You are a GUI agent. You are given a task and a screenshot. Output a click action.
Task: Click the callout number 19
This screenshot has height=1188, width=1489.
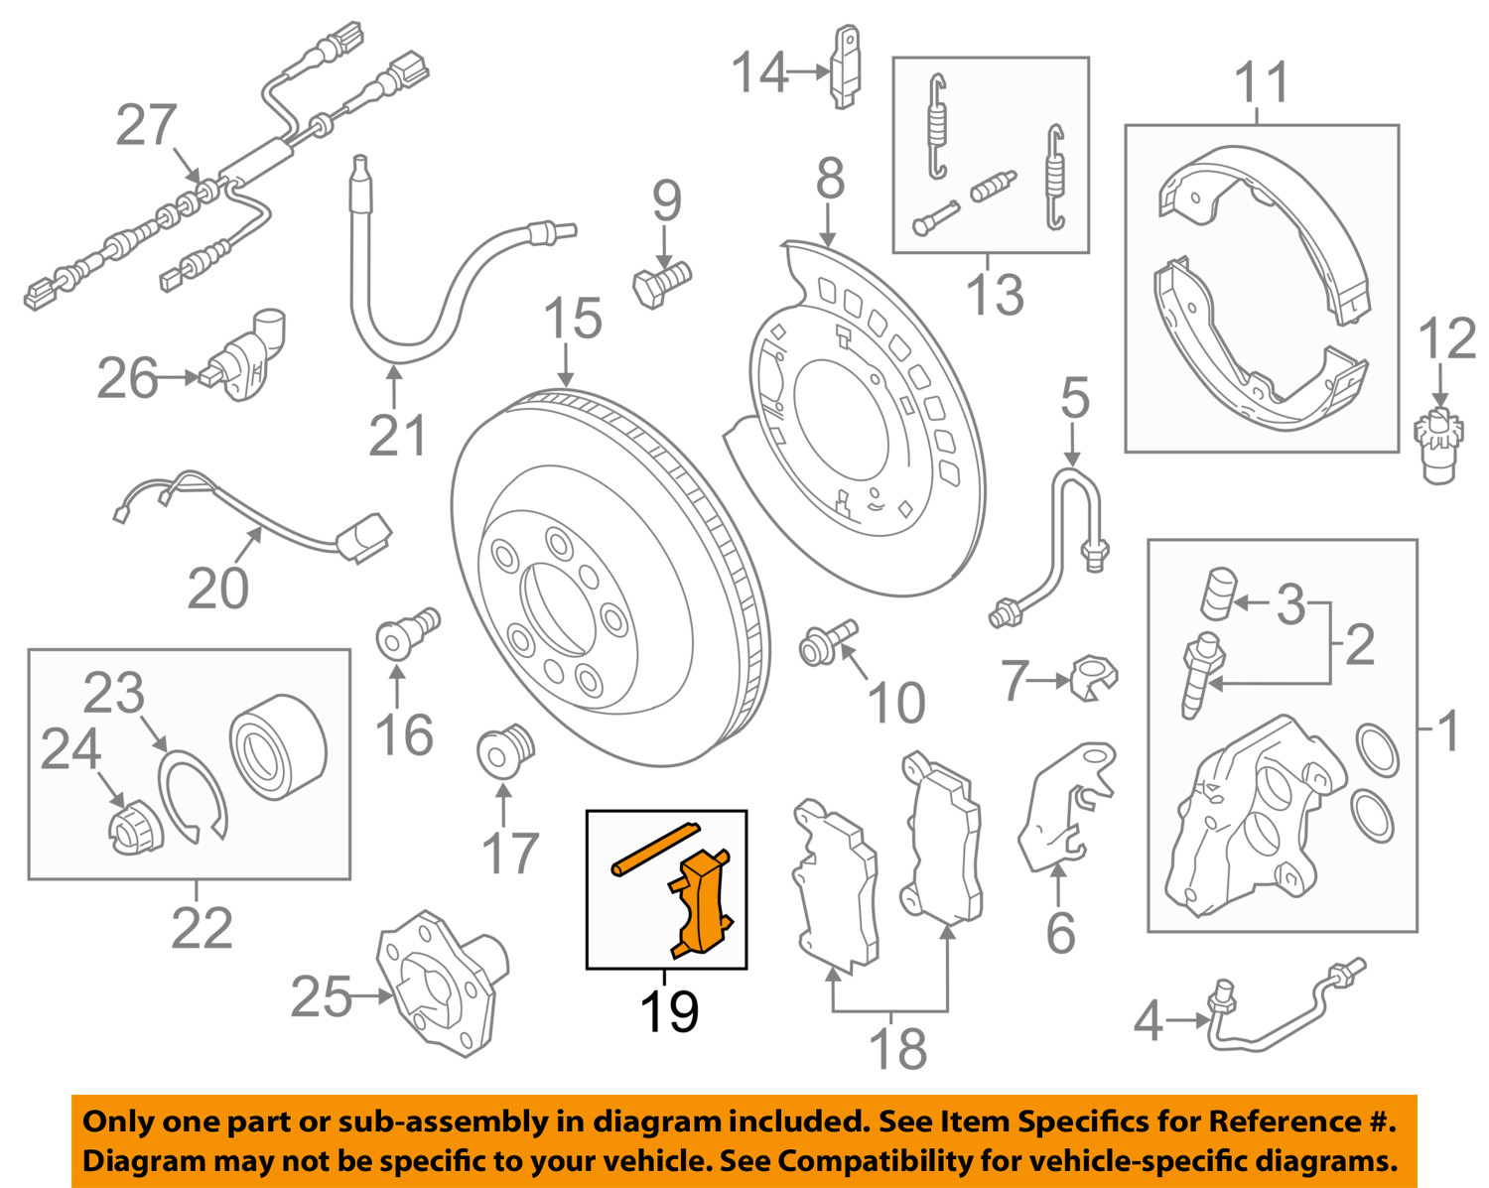(668, 1011)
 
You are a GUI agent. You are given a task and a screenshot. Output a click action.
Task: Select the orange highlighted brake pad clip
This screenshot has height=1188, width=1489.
(703, 903)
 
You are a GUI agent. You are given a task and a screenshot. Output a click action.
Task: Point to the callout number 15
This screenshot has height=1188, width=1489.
(573, 319)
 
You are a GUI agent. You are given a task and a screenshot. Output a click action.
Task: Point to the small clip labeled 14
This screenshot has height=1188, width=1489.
(845, 66)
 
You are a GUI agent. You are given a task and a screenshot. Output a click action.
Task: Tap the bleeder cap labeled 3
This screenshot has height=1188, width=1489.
(1218, 593)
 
